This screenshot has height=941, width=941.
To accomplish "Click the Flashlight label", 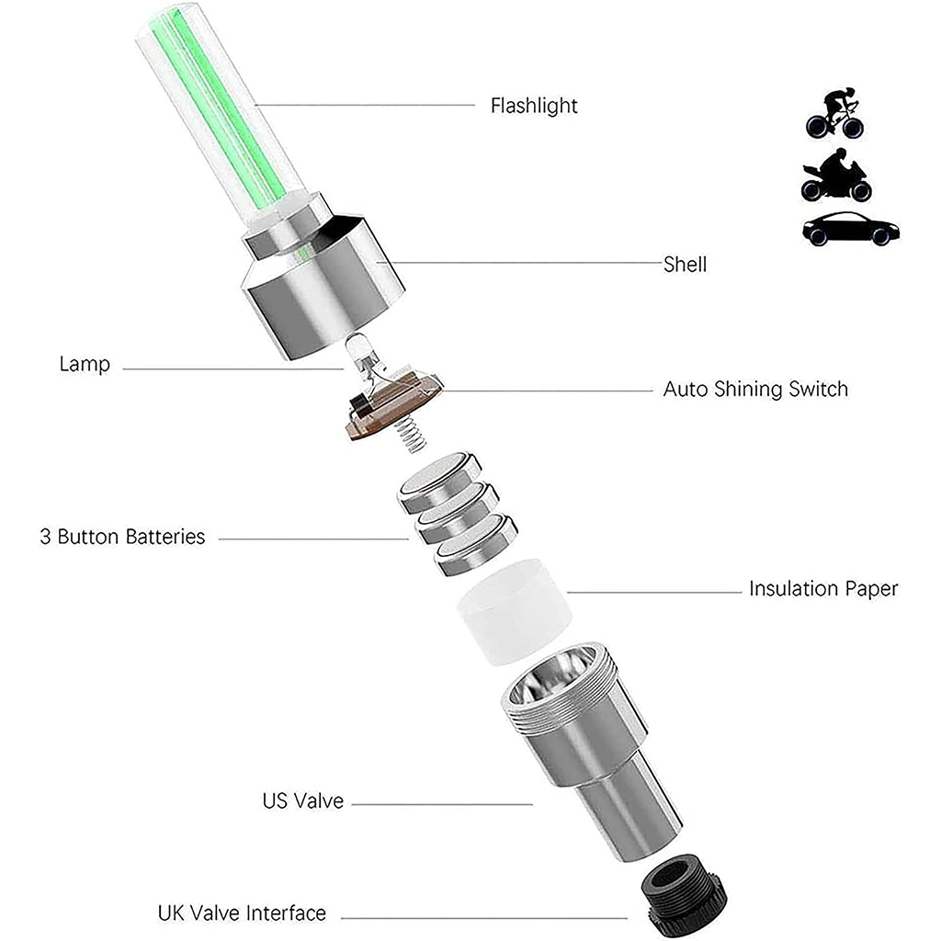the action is [534, 106].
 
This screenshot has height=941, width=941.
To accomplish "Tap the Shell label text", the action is [685, 264].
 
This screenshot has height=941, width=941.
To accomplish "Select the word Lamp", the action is [85, 364].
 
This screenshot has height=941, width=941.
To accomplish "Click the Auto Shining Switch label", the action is [755, 389].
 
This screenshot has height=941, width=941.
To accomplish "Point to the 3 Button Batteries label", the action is [122, 537].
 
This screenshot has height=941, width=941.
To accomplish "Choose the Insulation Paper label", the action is [823, 589].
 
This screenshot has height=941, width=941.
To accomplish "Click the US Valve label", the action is [303, 800].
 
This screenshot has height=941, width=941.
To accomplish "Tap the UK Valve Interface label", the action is [242, 913].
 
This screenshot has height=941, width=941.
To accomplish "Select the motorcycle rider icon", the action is [836, 176].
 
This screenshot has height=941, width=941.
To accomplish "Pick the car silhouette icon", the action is [851, 229].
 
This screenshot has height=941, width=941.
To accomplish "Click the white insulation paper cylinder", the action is [514, 611].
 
